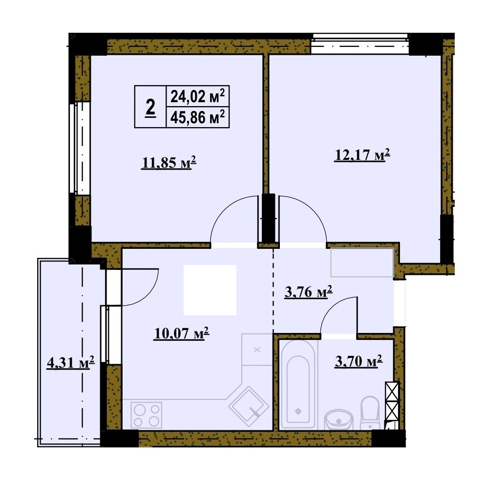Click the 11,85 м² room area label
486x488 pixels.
pyautogui.click(x=169, y=162)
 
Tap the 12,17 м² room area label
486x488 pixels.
pyautogui.click(x=362, y=155)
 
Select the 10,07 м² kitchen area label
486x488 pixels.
pyautogui.click(x=182, y=333)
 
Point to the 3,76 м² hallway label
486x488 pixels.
pyautogui.click(x=309, y=292)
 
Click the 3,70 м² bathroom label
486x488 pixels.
pyautogui.click(x=359, y=362)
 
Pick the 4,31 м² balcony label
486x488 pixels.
pyautogui.click(x=71, y=362)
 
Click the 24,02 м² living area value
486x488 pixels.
pyautogui.click(x=197, y=96)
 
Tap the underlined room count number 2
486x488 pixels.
pyautogui.click(x=150, y=107)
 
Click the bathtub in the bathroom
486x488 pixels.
pyautogui.click(x=298, y=384)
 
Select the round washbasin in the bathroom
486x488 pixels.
pyautogui.click(x=339, y=420)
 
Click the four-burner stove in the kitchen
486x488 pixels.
pyautogui.click(x=146, y=415)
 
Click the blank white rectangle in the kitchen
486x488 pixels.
pyautogui.click(x=210, y=290)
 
